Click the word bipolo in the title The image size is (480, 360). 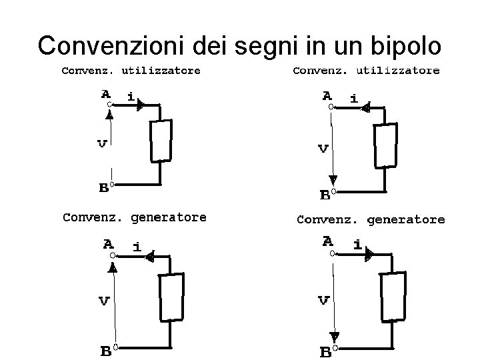(404, 45)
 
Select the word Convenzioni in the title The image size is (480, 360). (113, 45)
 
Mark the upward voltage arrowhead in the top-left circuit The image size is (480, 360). (111, 111)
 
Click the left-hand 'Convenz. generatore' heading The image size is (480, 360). (134, 217)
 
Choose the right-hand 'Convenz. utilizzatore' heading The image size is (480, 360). (366, 70)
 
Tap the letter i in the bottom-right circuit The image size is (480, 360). (358, 245)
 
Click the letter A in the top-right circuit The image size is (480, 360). (327, 95)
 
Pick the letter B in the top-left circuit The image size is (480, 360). (104, 187)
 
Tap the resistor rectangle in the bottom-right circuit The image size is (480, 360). (392, 296)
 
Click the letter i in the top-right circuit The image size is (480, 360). (353, 99)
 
